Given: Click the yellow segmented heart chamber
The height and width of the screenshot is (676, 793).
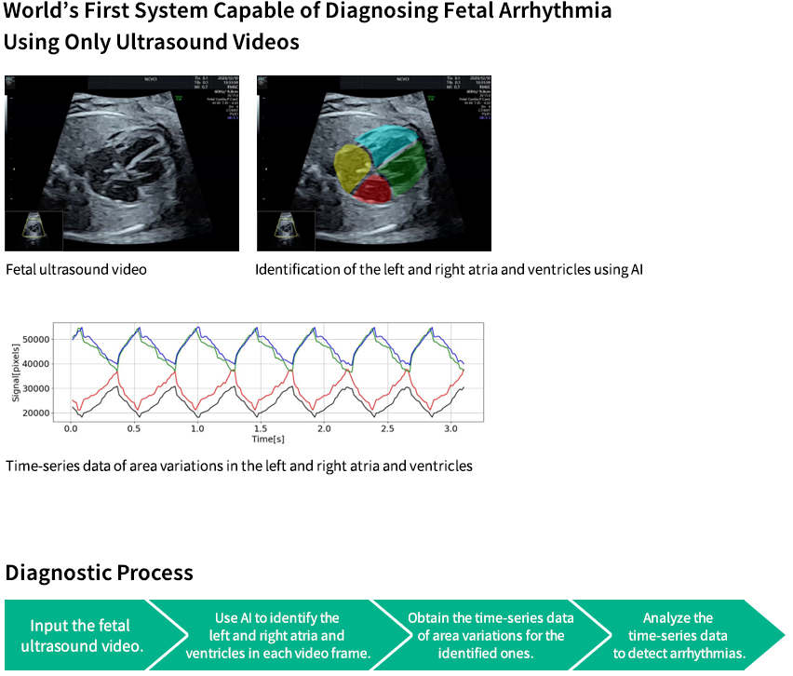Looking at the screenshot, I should click(352, 169).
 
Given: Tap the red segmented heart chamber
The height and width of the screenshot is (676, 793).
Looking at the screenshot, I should click(372, 190).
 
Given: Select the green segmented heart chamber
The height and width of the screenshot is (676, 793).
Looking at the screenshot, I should click(402, 170).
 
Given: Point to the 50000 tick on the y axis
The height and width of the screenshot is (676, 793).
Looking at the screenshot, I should click(34, 340).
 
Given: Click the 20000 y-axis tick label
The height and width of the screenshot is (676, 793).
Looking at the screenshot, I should click(34, 413).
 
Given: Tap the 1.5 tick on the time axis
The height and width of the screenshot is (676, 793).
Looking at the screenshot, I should click(261, 429).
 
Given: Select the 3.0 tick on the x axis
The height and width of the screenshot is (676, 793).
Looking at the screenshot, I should click(451, 429).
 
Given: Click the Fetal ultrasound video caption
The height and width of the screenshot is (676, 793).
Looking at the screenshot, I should click(76, 270).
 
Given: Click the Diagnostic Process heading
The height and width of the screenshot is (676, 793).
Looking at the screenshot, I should click(100, 572).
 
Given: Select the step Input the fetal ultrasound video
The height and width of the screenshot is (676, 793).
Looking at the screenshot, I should click(80, 634).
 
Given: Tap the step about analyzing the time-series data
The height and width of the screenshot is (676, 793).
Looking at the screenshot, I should click(678, 635).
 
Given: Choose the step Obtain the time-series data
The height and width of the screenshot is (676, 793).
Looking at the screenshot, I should click(491, 635).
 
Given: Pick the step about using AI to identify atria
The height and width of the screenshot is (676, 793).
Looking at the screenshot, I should click(277, 635).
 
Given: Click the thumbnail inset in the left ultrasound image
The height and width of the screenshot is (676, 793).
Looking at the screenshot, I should click(34, 229).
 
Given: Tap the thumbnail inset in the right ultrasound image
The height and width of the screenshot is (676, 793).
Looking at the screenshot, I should click(286, 229).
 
